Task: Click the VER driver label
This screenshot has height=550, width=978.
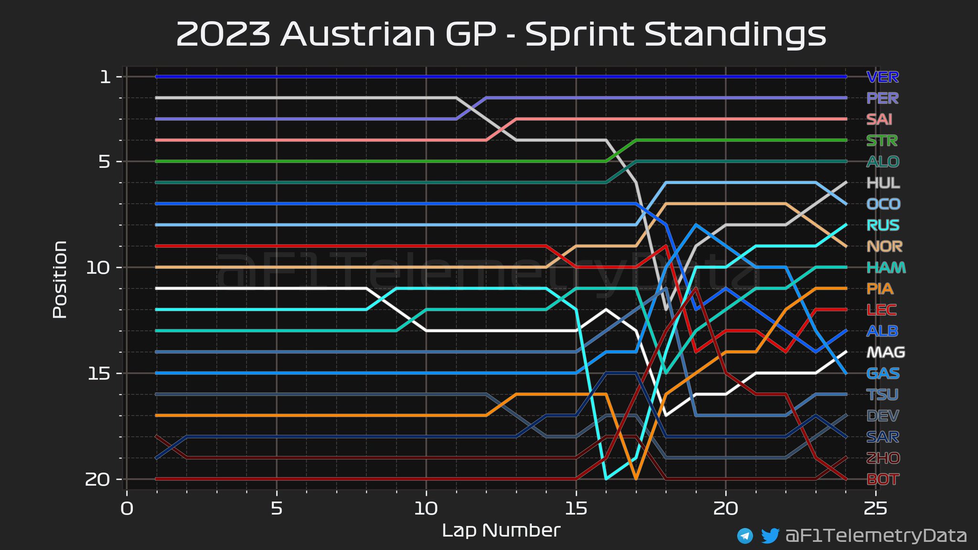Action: (x=882, y=77)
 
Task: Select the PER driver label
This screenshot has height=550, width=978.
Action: (x=882, y=98)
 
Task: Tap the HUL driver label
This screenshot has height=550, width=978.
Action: (x=883, y=183)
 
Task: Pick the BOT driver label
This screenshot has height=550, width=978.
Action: (x=882, y=479)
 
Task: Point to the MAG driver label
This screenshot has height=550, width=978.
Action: (x=885, y=352)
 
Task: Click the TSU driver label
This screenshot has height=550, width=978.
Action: (x=882, y=394)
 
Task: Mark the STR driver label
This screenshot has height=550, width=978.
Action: (x=882, y=140)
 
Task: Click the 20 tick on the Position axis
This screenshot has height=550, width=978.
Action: (x=97, y=479)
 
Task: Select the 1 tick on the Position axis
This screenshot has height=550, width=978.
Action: (x=105, y=77)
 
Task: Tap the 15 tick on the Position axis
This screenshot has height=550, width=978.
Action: (x=97, y=373)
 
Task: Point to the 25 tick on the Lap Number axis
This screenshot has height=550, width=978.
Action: (x=875, y=509)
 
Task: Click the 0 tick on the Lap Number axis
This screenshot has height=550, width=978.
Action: (x=127, y=509)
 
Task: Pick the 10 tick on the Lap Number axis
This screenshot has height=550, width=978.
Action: (x=425, y=509)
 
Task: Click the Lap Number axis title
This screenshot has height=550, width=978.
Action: (x=501, y=530)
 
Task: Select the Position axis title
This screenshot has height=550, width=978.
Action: (x=60, y=279)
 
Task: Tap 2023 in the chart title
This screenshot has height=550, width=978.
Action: (x=223, y=34)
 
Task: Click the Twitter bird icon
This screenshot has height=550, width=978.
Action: (x=770, y=536)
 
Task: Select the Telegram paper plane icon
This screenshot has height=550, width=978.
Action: (x=745, y=536)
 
